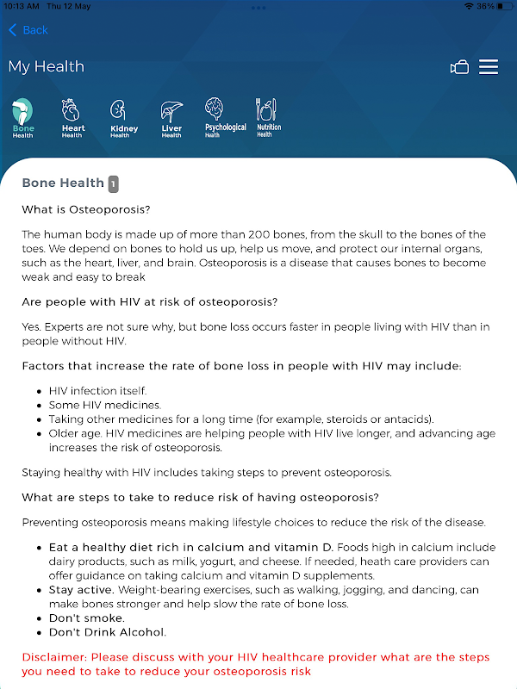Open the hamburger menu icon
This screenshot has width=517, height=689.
click(x=489, y=67)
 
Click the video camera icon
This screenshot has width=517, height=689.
click(x=459, y=67)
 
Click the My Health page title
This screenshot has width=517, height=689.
click(x=47, y=66)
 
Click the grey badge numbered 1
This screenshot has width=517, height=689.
click(x=114, y=183)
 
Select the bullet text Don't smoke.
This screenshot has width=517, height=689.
click(x=87, y=618)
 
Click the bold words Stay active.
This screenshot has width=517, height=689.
click(x=82, y=590)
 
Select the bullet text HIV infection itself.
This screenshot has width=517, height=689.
click(x=97, y=390)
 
